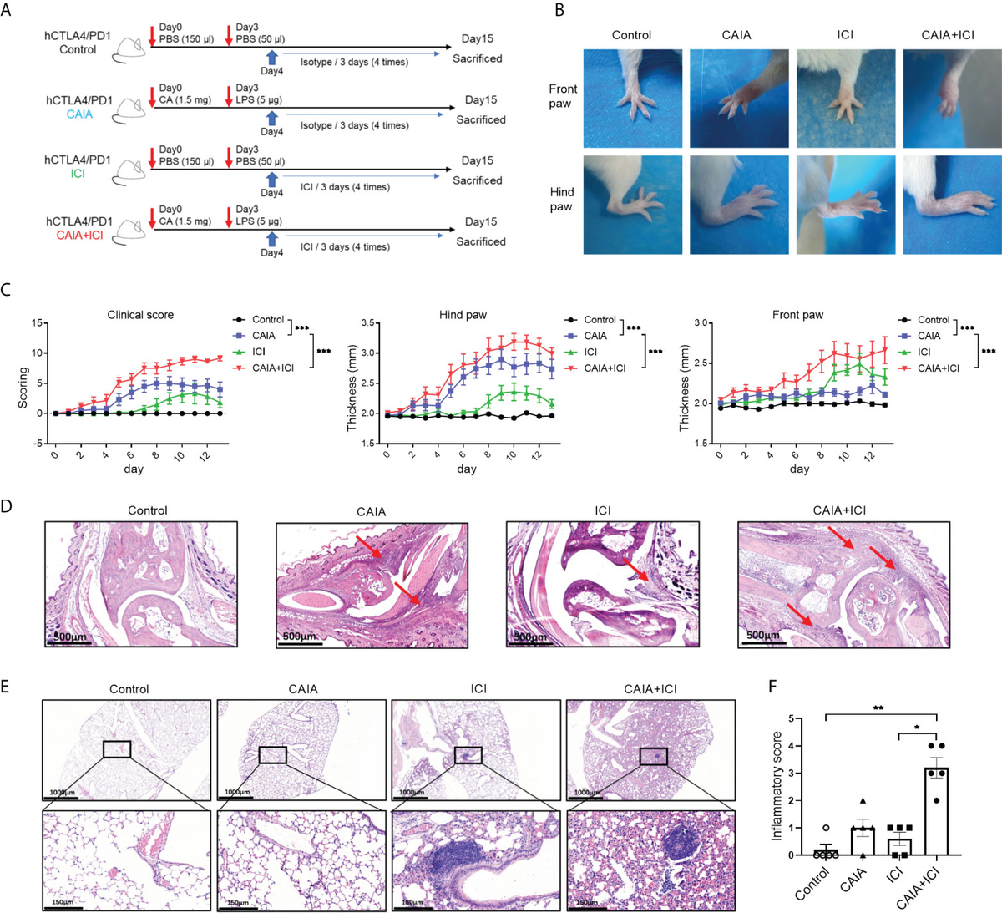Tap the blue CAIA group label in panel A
click(x=79, y=114)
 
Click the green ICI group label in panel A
click(x=78, y=174)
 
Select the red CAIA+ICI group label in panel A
click(x=80, y=236)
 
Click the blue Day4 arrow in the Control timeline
click(x=271, y=57)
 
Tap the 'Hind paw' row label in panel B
click(x=561, y=199)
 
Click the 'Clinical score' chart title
click(x=140, y=315)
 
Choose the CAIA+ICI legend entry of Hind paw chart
click(x=604, y=368)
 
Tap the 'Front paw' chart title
click(x=797, y=315)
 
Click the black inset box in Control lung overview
click(x=117, y=748)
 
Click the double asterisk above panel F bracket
click(x=880, y=708)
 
